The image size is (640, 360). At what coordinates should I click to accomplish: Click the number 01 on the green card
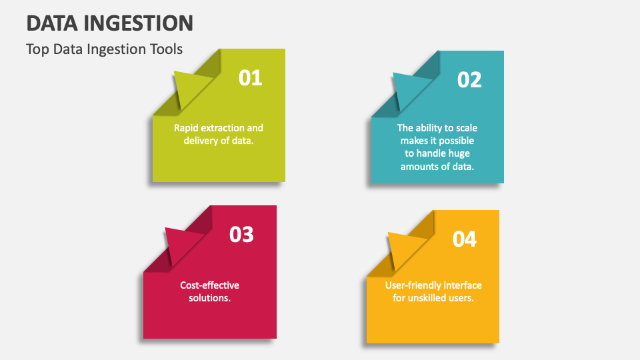tap(251, 78)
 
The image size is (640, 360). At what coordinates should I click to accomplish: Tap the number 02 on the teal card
tap(469, 80)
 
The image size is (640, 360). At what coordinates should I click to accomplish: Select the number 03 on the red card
tap(241, 234)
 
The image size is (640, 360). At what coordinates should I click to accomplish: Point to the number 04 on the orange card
tap(465, 239)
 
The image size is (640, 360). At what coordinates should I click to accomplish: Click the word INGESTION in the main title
tap(139, 23)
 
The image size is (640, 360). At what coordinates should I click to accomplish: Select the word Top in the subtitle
tap(37, 49)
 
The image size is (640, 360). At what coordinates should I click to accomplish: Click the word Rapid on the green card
tap(187, 127)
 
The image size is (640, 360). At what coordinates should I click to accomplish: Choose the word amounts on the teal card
tap(419, 166)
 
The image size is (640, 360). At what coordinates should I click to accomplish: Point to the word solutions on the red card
tap(209, 298)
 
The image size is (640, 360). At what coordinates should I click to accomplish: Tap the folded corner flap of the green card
tap(190, 87)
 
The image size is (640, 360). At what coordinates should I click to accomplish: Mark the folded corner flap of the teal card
tap(409, 89)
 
